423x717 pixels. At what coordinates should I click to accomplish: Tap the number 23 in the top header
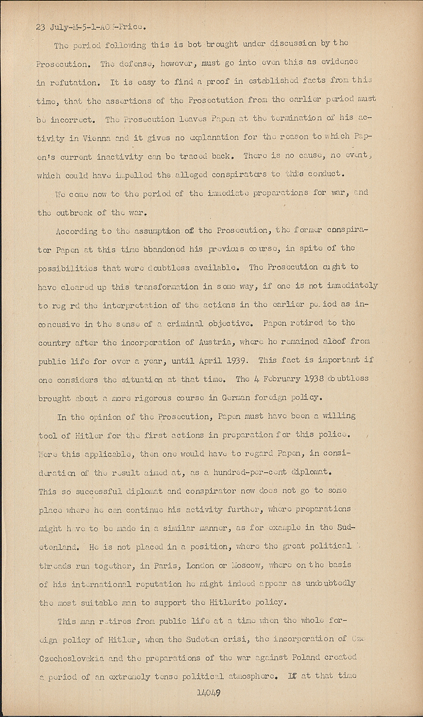pyautogui.click(x=41, y=27)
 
